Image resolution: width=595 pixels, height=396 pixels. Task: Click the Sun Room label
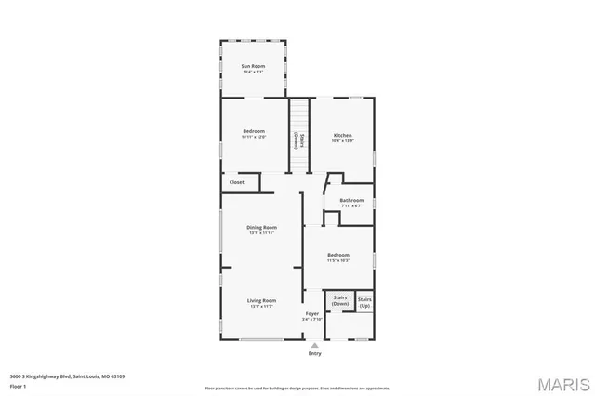(253, 66)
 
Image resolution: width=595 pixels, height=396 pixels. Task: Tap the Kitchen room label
(343, 135)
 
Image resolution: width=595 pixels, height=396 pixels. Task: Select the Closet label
(237, 182)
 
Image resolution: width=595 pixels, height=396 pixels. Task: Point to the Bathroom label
(351, 200)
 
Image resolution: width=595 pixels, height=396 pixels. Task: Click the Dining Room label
(261, 228)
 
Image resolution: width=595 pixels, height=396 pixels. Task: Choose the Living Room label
(261, 300)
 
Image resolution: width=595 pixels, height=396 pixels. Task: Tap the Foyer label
(312, 314)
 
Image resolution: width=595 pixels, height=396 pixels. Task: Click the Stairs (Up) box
(364, 302)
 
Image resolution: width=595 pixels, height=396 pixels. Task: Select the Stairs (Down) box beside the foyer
(340, 300)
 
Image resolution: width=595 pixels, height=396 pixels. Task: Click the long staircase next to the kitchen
(298, 135)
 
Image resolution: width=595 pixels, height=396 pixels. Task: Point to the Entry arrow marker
(313, 345)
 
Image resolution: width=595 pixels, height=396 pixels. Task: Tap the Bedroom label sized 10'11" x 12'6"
(254, 131)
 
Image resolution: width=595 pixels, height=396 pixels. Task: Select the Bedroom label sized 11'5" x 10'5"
(337, 255)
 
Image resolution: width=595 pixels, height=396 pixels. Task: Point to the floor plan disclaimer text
(297, 387)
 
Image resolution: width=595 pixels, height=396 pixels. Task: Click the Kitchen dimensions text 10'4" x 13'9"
(343, 140)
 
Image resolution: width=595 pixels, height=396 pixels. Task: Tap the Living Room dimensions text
(261, 306)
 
